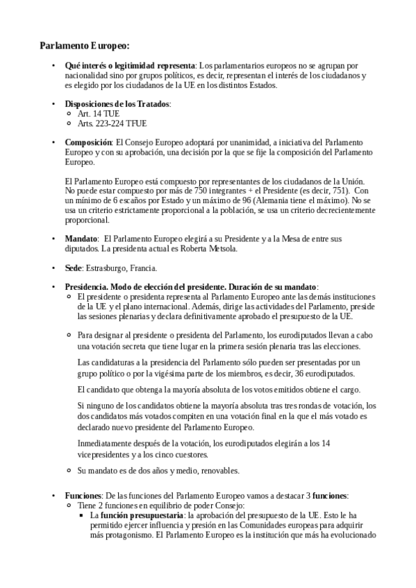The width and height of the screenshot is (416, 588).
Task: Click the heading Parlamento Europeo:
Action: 84,47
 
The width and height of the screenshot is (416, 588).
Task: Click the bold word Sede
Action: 74,267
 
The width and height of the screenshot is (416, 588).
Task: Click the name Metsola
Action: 223,248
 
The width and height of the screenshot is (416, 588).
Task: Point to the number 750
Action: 181,190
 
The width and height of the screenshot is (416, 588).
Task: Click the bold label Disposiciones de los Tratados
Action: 117,103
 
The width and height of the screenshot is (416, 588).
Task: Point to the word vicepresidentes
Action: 108,454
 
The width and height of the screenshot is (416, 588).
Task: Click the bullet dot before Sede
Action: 54,267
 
